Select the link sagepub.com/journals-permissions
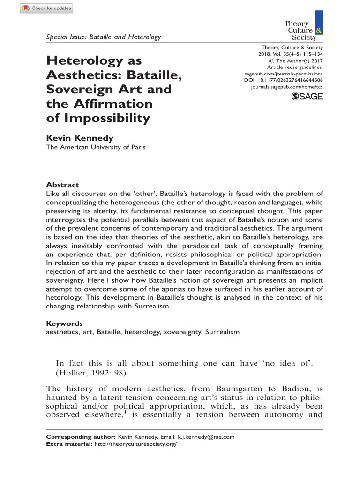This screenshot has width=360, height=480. click(284, 74)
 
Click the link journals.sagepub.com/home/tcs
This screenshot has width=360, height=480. click(287, 87)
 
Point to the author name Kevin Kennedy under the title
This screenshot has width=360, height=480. click(80, 138)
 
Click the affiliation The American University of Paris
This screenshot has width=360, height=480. click(95, 147)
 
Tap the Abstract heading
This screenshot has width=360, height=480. click(62, 185)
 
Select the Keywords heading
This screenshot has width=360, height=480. click(64, 323)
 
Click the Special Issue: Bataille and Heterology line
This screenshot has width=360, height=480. click(103, 37)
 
